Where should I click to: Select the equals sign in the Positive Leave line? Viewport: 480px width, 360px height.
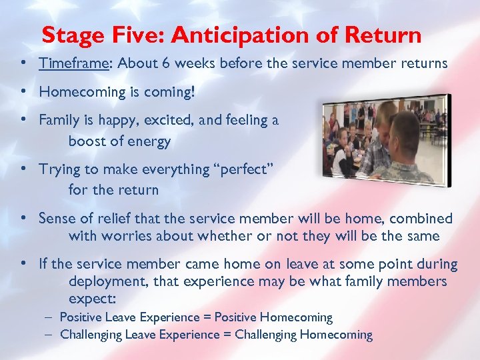[x=207, y=317]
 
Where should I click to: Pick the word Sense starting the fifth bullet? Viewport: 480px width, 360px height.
[x=57, y=218]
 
